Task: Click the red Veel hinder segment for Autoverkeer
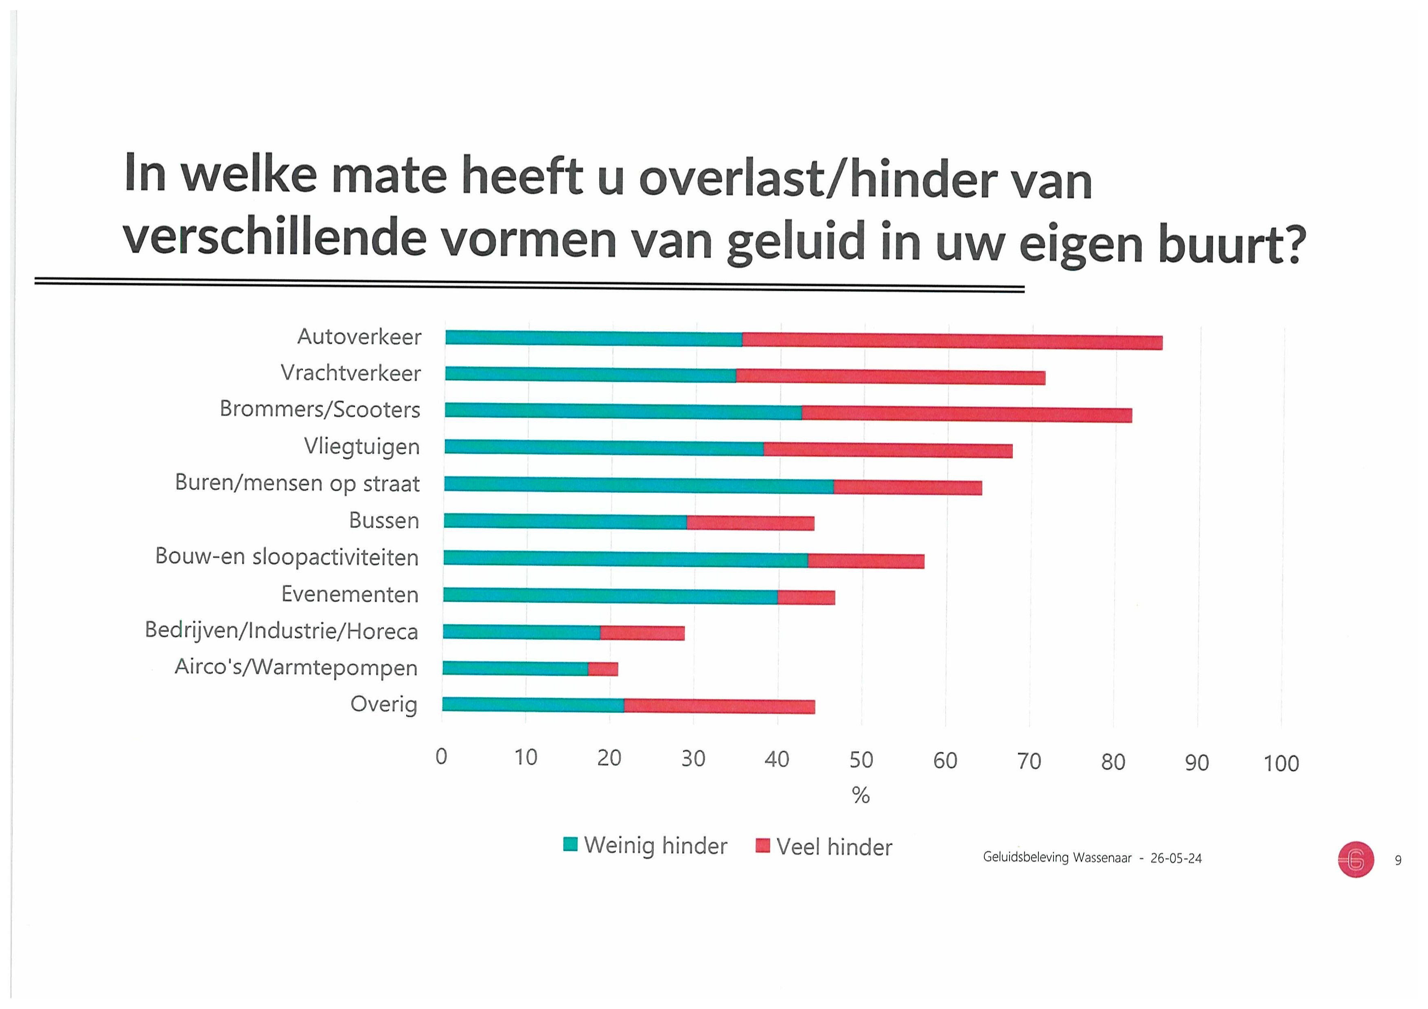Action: (952, 341)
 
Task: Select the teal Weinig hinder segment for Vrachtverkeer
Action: (590, 374)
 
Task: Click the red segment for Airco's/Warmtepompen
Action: (603, 669)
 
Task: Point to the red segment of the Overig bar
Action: (719, 706)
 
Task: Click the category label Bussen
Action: (384, 520)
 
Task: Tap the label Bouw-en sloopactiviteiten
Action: (287, 557)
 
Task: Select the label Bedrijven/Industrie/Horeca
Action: (281, 630)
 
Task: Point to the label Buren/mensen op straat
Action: (297, 483)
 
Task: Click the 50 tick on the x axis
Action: (861, 760)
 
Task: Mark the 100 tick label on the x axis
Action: (1281, 763)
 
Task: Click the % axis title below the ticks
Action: (861, 795)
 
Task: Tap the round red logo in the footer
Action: (1355, 860)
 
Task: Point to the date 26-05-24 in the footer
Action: (1176, 858)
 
